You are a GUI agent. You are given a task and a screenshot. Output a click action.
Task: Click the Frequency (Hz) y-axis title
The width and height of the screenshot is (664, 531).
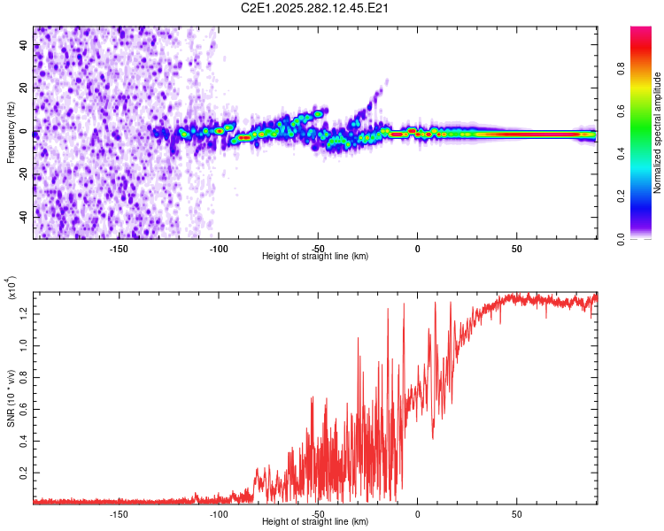(12, 133)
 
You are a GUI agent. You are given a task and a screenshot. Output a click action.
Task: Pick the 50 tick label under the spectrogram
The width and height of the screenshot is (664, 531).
(516, 248)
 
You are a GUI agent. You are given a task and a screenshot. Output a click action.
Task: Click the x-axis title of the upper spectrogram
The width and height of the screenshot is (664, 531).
(315, 257)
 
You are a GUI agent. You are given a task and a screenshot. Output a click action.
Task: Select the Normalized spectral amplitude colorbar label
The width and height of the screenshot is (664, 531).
(658, 133)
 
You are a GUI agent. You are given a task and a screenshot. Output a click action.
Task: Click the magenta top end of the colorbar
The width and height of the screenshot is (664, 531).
(641, 32)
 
